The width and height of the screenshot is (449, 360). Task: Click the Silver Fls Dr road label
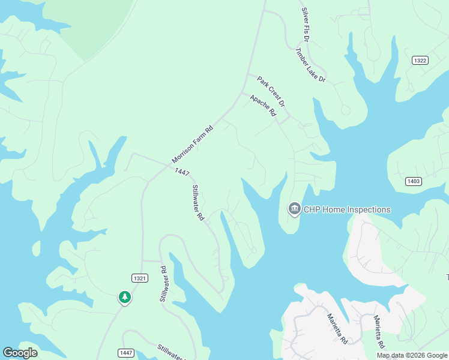(x=306, y=25)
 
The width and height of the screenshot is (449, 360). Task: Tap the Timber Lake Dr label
(x=310, y=65)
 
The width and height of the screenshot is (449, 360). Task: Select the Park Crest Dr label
(x=271, y=92)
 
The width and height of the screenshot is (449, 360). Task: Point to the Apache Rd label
(x=263, y=105)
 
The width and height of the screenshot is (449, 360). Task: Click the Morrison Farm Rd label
(x=193, y=144)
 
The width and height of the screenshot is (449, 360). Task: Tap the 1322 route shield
(x=420, y=61)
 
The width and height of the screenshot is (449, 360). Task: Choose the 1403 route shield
(x=414, y=181)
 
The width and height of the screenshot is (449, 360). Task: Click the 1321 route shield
(x=139, y=277)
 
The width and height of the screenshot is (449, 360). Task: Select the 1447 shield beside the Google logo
(x=125, y=352)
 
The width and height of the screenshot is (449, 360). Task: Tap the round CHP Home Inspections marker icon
(x=294, y=209)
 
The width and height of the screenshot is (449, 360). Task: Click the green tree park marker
(x=124, y=297)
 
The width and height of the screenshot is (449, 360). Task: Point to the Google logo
(x=20, y=353)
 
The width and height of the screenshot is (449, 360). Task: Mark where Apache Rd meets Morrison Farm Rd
(x=241, y=93)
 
